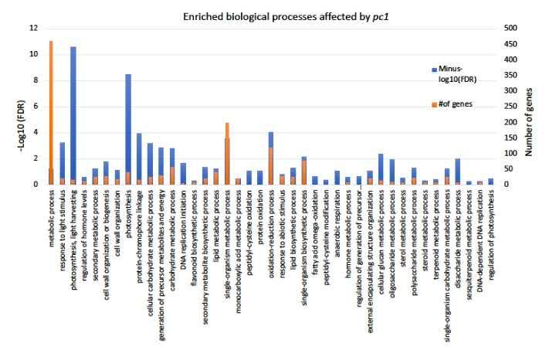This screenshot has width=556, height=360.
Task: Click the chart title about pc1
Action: click(278, 15)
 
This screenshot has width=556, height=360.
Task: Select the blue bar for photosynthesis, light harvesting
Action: click(73, 116)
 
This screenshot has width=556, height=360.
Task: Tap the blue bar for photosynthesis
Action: click(128, 124)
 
